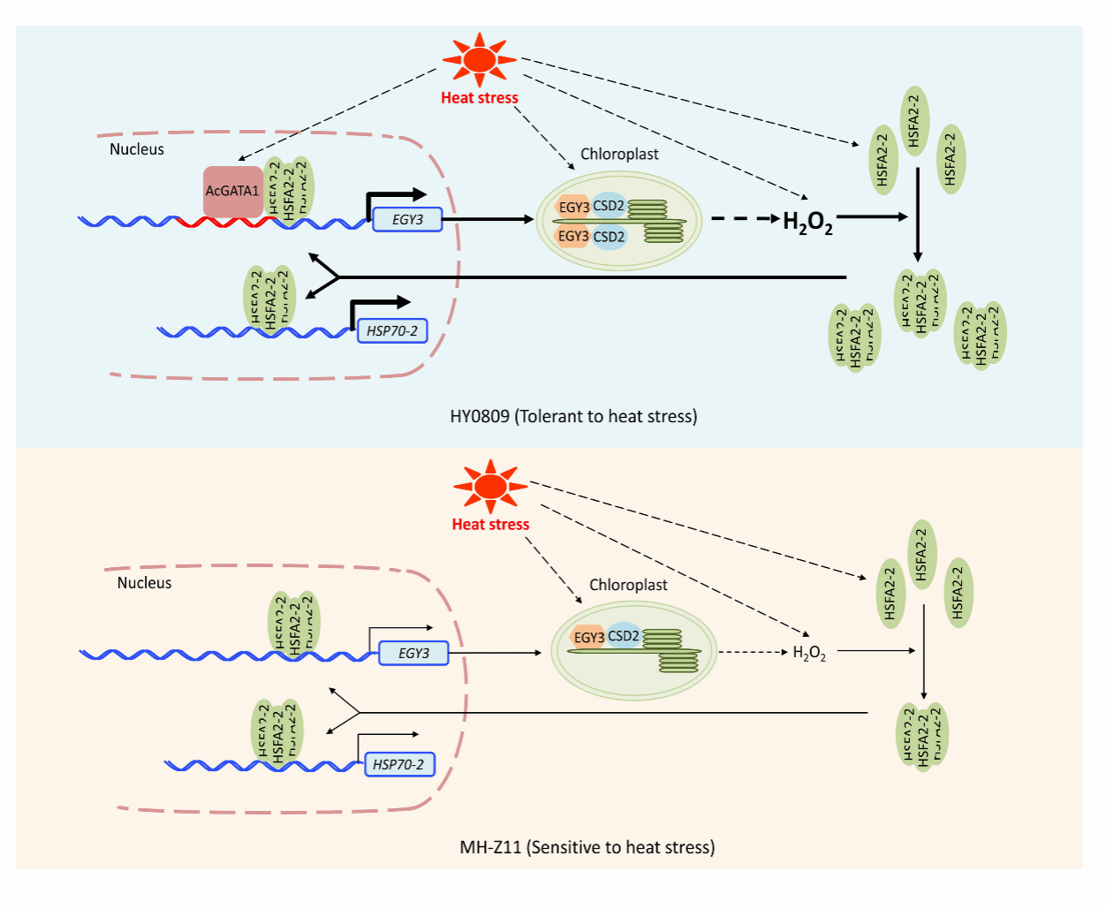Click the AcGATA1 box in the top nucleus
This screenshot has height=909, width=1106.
[232, 191]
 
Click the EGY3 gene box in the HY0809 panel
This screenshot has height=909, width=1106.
[407, 219]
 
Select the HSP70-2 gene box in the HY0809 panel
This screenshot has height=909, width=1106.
[392, 331]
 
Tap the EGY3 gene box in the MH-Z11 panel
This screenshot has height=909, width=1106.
[413, 654]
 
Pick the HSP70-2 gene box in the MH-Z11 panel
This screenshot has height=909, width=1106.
[399, 764]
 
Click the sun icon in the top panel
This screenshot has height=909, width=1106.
[480, 59]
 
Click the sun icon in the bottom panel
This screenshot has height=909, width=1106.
[490, 486]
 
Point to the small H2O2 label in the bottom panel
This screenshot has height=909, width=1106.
[809, 654]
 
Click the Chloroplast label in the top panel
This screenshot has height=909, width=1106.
[619, 154]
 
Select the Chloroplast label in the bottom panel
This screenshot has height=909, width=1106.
[628, 585]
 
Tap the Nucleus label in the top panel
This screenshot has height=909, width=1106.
[137, 149]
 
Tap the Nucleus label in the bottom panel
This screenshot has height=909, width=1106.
[144, 583]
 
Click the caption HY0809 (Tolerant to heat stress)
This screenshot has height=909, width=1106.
[573, 416]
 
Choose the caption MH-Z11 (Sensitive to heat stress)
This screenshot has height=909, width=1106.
[587, 847]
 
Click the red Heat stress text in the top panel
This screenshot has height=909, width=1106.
[480, 98]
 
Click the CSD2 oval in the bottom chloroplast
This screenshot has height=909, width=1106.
[624, 636]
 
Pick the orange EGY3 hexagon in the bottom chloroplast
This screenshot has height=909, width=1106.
[587, 637]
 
